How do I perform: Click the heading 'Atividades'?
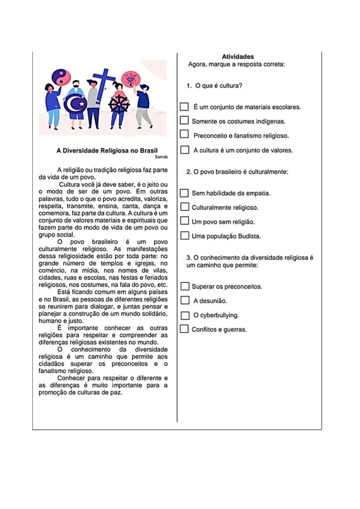point(238,57)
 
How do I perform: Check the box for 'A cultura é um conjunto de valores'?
point(184,150)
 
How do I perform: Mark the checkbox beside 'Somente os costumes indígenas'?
point(184,121)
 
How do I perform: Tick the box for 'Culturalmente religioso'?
point(184,207)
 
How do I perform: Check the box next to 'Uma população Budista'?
point(184,236)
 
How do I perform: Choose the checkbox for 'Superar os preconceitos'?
point(184,286)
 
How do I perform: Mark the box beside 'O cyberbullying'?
point(184,315)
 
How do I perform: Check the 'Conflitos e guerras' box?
point(184,329)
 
